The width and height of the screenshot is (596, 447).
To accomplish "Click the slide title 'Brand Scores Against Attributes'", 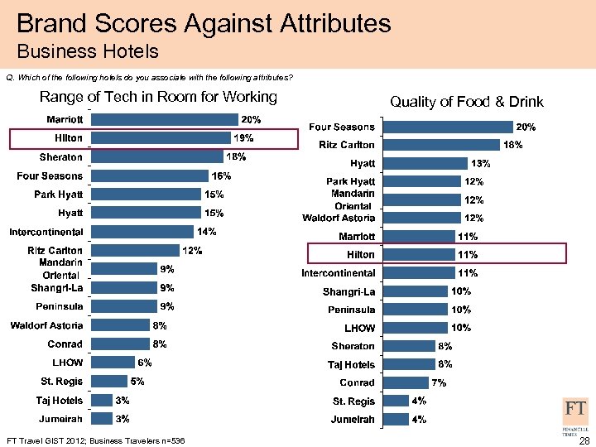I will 203,22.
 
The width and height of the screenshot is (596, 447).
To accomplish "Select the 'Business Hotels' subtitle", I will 87,52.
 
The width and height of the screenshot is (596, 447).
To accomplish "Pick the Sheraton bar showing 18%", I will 156,156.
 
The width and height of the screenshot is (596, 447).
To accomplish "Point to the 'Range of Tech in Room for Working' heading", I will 158,97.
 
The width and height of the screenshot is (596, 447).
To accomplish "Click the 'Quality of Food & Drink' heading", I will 466,102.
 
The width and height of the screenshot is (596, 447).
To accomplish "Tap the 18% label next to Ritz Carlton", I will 513,145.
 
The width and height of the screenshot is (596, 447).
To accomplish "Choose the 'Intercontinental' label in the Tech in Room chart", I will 46,231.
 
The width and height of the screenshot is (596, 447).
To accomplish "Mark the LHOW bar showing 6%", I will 112,362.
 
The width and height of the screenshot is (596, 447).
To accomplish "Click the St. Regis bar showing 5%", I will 108,381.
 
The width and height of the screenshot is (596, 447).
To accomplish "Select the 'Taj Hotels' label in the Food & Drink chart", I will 352,364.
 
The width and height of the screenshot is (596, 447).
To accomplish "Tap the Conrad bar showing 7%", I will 405,382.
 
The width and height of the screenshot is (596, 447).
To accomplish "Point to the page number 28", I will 584,440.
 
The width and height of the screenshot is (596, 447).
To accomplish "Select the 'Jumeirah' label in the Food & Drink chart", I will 353,420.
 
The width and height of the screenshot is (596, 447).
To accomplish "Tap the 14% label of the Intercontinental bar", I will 207,231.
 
